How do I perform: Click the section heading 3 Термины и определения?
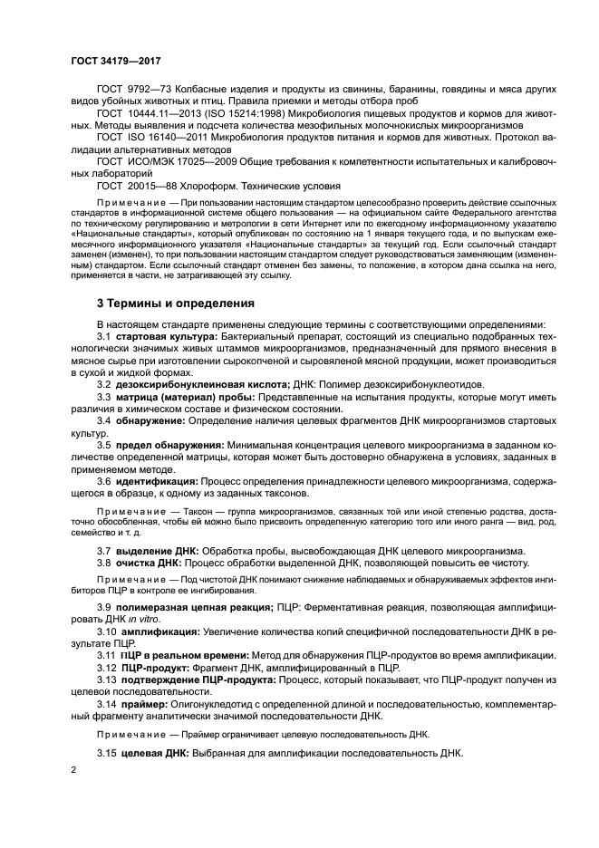pyautogui.click(x=176, y=303)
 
